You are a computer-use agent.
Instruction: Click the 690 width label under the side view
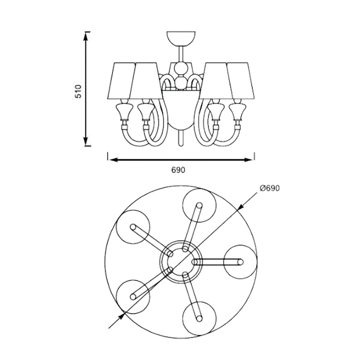pyautogui.click(x=178, y=170)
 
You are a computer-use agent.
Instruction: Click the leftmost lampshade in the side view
pyautogui.click(x=121, y=81)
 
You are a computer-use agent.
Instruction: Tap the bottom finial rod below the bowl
pyautogui.click(x=180, y=138)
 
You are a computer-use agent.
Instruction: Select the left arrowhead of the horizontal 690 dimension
pyautogui.click(x=112, y=159)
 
